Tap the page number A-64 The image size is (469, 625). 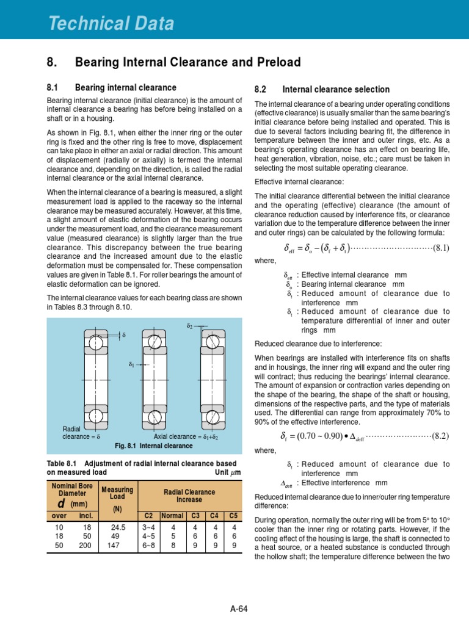[239, 609]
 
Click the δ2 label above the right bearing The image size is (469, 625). [189, 327]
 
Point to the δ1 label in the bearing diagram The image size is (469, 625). [131, 364]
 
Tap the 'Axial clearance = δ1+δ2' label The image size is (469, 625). [186, 437]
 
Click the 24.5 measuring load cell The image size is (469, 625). [117, 527]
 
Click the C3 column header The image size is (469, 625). [195, 515]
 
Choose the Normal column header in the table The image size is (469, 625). [173, 515]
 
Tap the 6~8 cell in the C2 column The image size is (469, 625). [148, 546]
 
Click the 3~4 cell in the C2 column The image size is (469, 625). [148, 527]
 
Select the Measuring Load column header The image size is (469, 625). [117, 497]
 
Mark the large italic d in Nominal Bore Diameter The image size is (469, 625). [62, 504]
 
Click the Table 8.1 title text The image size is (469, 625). [142, 468]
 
